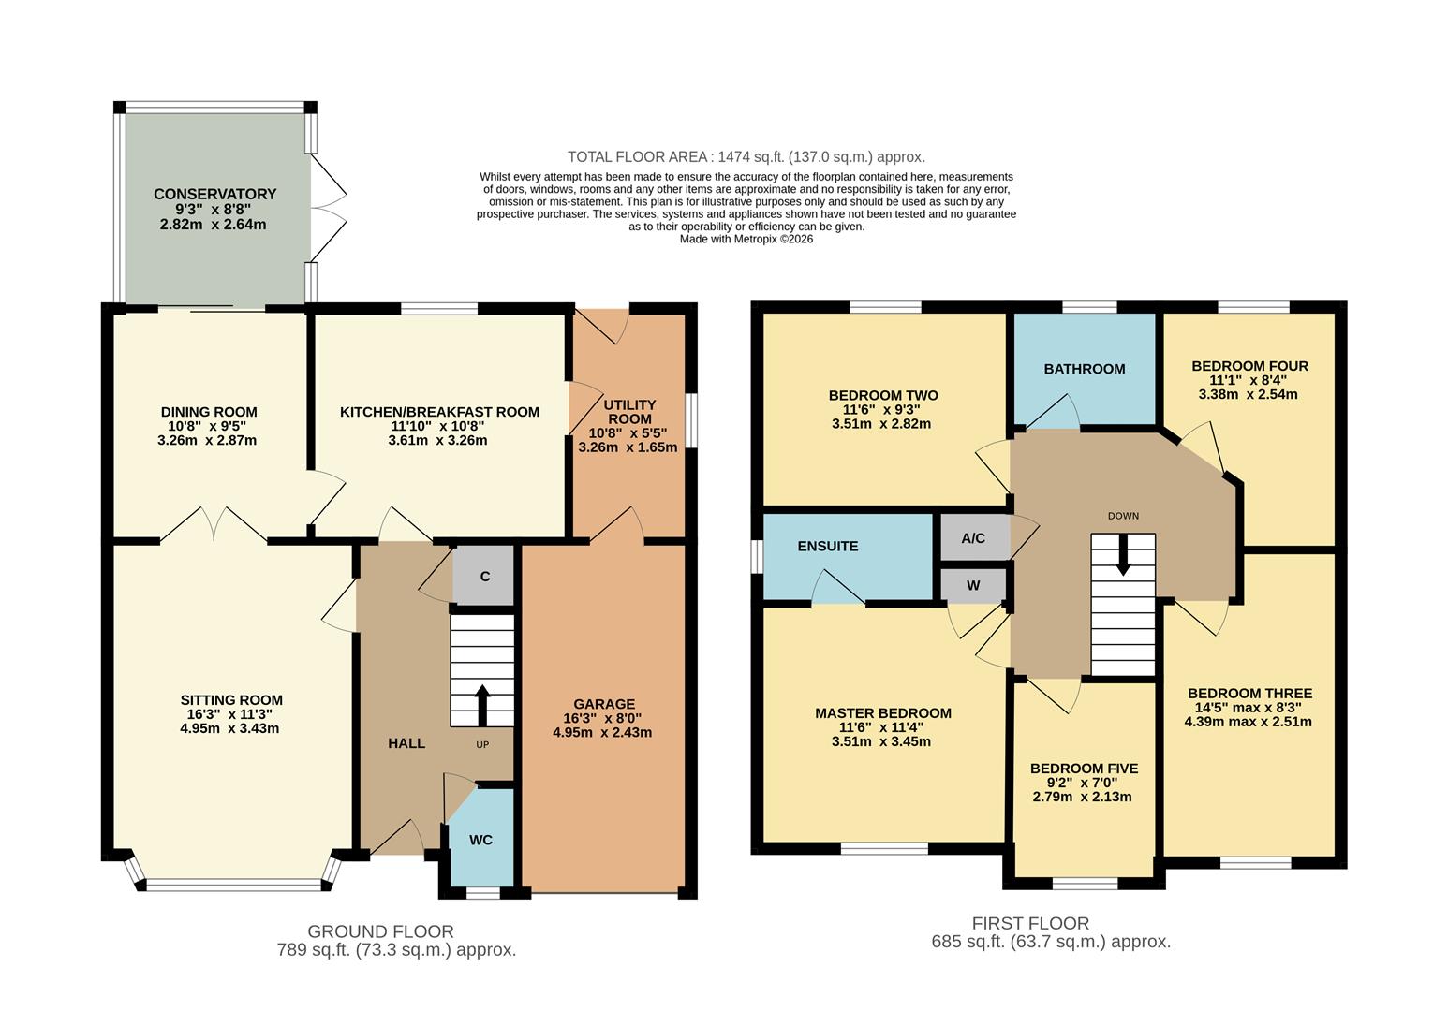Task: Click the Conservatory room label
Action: (214, 194)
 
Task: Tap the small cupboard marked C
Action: (484, 576)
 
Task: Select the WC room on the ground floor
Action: (480, 839)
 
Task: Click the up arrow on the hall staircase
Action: (482, 705)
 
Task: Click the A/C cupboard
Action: (973, 538)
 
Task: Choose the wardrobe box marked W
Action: (973, 586)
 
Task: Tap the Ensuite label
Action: (828, 546)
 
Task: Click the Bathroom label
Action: (1085, 369)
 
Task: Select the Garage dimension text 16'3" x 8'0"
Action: (603, 718)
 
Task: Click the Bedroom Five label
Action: (1084, 769)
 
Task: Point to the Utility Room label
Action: (630, 412)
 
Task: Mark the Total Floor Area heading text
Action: (746, 157)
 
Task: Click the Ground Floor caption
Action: (380, 931)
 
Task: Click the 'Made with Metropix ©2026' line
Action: (746, 239)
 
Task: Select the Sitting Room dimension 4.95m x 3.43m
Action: (229, 728)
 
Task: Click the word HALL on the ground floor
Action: (406, 743)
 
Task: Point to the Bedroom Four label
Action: (1249, 366)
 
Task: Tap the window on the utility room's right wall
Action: (691, 420)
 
